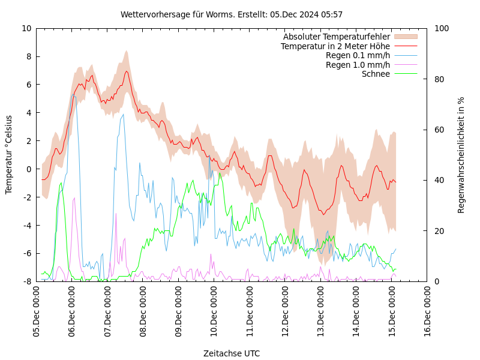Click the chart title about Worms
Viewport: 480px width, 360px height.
tap(232, 14)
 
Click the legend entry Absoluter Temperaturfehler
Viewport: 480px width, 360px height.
tap(337, 37)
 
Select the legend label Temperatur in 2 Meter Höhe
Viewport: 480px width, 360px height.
tap(335, 46)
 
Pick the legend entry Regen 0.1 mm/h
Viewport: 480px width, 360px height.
tap(358, 55)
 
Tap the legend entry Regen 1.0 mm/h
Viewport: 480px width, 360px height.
tap(358, 65)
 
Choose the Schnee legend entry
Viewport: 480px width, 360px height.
tap(376, 74)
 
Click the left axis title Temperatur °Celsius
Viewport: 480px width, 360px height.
tap(9, 154)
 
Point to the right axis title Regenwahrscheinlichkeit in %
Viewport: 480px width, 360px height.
tap(461, 154)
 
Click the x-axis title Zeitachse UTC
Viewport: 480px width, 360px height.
tap(232, 353)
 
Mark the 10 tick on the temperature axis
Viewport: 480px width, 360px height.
tap(27, 28)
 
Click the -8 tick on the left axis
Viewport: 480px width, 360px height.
tap(27, 281)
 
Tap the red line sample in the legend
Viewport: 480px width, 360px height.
tap(405, 46)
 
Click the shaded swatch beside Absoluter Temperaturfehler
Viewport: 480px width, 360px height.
tap(405, 37)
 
